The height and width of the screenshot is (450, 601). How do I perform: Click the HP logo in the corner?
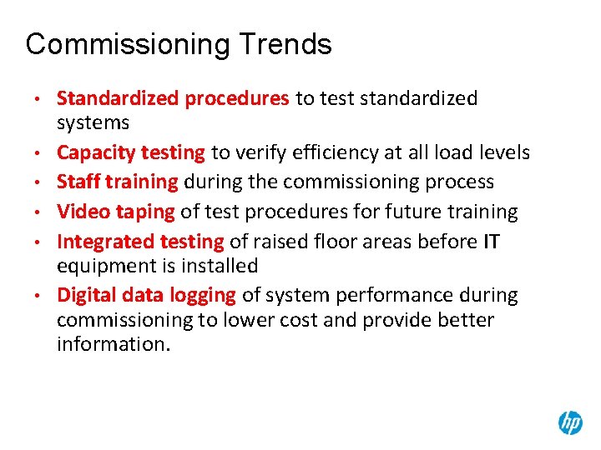pyautogui.click(x=570, y=422)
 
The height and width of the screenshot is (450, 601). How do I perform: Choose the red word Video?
pyautogui.click(x=80, y=212)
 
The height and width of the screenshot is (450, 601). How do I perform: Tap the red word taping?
pyautogui.click(x=141, y=212)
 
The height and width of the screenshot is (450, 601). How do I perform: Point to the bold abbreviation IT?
pyautogui.click(x=492, y=242)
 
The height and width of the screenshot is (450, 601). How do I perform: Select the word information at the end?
pyautogui.click(x=113, y=344)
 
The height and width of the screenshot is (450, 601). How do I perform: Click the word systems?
pyautogui.click(x=93, y=123)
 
